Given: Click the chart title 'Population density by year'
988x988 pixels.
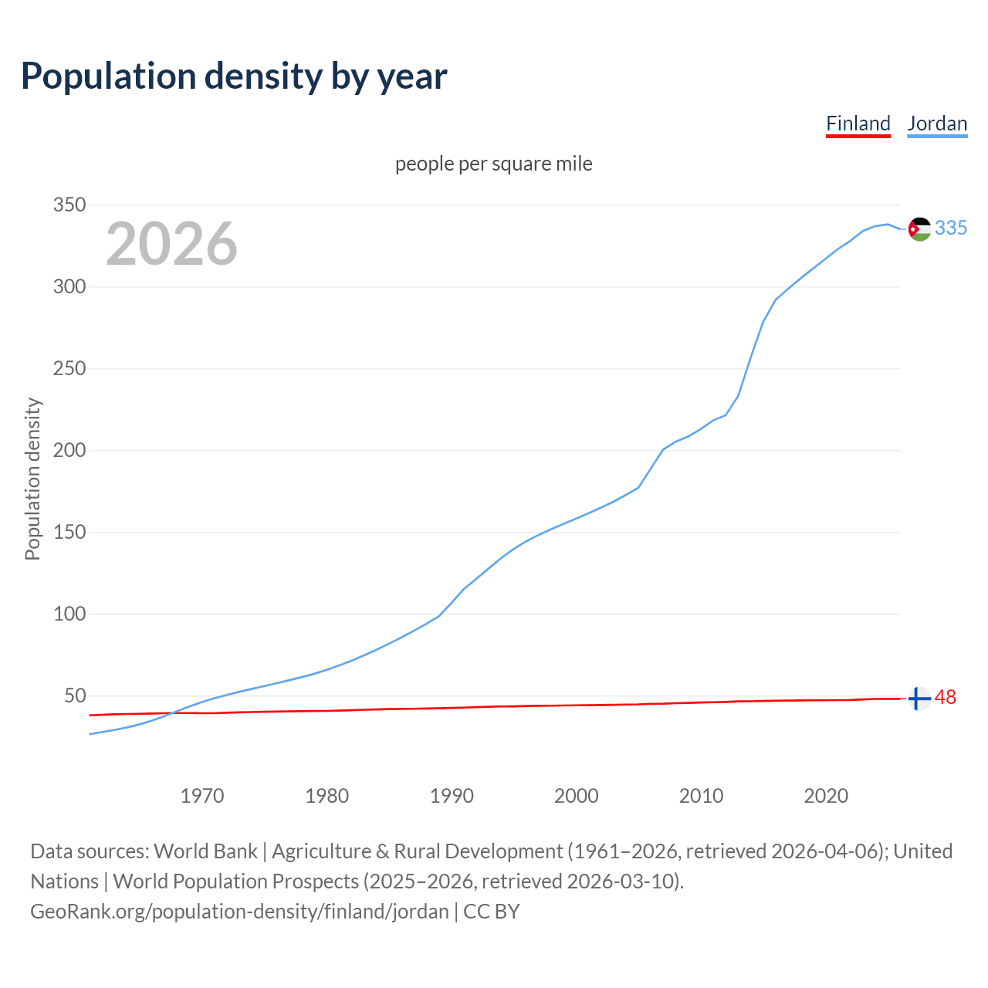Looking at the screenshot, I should coord(234,76).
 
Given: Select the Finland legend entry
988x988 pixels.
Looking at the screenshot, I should coord(858,123).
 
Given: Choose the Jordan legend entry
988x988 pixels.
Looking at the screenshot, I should coord(937,123).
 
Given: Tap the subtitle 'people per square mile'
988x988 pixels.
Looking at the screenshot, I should coord(493,164).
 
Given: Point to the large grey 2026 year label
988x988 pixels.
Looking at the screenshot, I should coord(171,244).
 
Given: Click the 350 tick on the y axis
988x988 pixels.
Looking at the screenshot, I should coord(69,205).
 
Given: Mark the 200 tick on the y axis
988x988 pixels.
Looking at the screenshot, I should coord(69,451).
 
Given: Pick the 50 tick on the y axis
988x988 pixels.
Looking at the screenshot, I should coord(74,696).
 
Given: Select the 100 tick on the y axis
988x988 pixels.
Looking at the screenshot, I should coord(69,614).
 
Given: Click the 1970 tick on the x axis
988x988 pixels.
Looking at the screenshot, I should coord(202,796).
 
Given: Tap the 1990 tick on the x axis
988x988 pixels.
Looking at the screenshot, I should coord(452,796).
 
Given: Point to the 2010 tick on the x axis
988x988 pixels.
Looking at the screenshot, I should coord(701,796).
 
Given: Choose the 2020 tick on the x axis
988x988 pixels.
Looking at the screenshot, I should coord(826,796).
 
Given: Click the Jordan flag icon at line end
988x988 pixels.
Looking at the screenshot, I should coord(919,228).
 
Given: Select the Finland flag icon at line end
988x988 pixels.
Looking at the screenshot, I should coord(919,698).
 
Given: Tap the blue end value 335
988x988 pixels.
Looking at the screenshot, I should coord(951,228).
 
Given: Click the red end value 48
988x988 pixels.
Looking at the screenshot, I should coord(946,698).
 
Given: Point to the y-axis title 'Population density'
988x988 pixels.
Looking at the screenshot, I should coord(32,479).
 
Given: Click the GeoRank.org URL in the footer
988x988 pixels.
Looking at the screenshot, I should coord(239,912).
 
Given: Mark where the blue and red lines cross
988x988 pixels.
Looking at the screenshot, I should coord(173,712).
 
